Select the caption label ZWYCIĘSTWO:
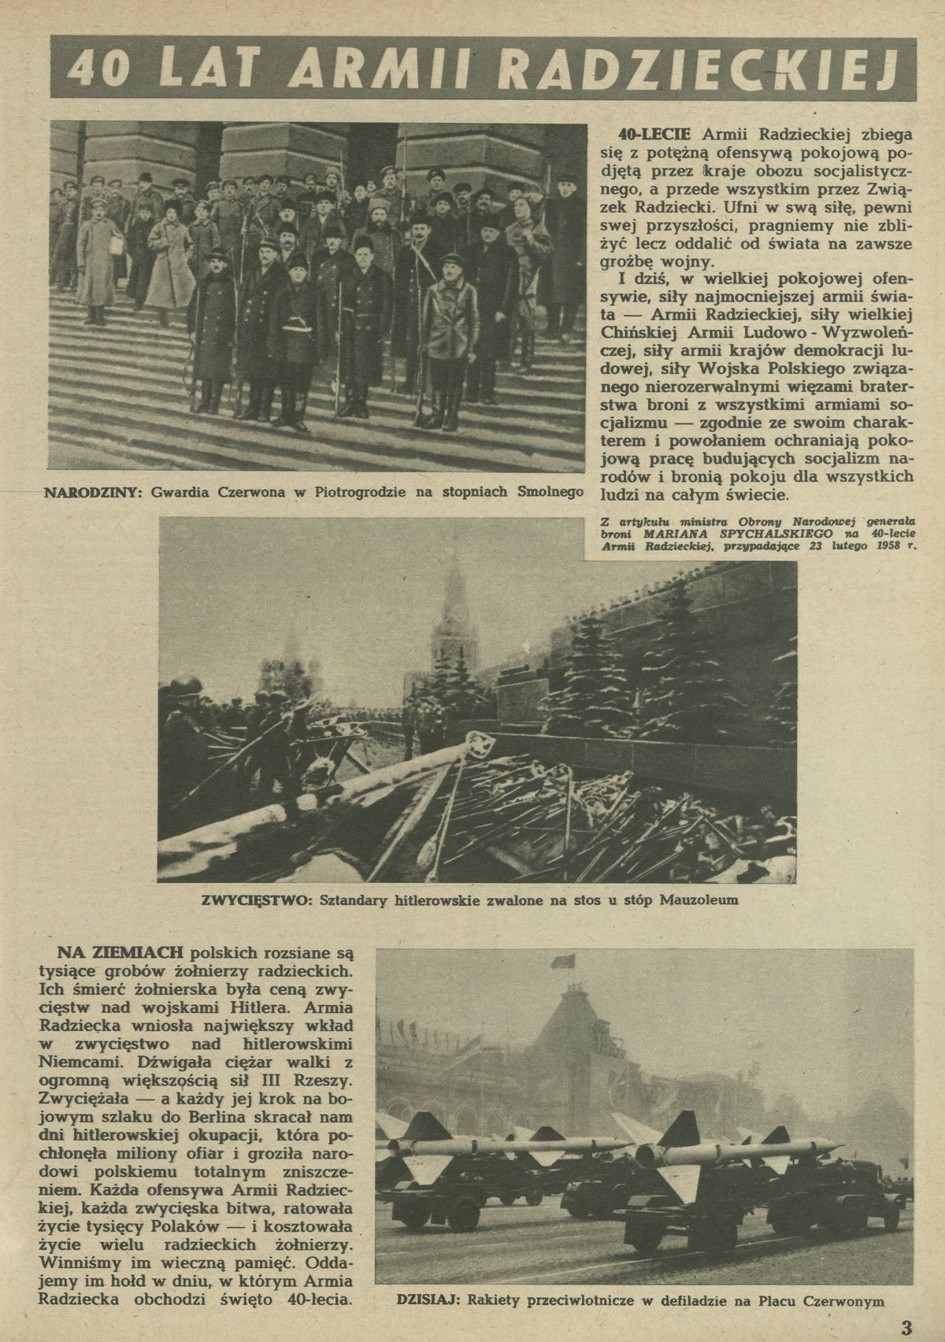[x=249, y=900]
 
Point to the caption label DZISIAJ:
[x=424, y=1300]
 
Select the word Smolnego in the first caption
[x=550, y=493]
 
